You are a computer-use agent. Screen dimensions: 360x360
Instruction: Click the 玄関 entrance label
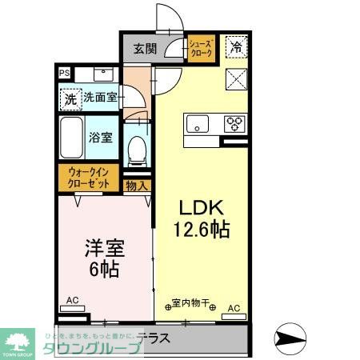point(145,48)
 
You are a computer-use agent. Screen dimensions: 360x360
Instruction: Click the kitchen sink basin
point(197,124)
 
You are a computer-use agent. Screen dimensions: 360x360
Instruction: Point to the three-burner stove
point(234,124)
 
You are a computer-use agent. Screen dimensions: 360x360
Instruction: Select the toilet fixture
point(138,149)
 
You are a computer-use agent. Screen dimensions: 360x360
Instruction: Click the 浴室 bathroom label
point(100,137)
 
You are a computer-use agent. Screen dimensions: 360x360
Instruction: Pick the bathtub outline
point(73,138)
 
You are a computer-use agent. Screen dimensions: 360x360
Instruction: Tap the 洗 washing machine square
point(70,99)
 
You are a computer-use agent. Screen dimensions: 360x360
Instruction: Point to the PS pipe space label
point(64,73)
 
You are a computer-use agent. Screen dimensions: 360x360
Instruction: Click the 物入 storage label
point(137,186)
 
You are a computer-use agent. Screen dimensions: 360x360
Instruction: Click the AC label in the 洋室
point(72,301)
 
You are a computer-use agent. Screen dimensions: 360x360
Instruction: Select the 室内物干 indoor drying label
point(190,304)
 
